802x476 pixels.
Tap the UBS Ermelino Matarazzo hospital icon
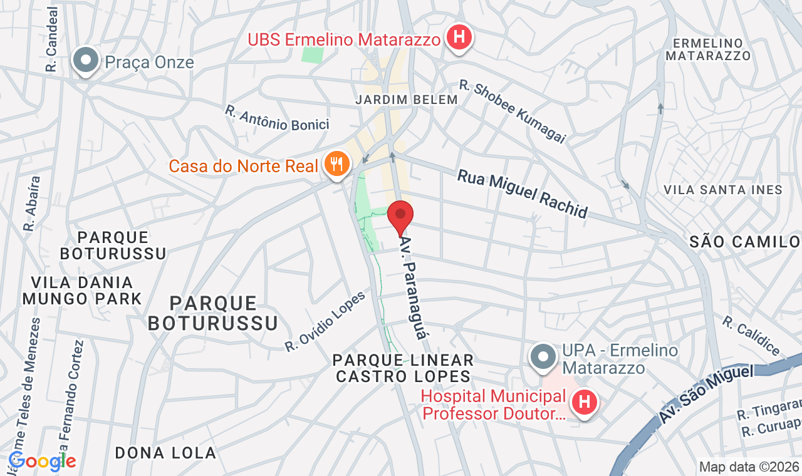point(459,38)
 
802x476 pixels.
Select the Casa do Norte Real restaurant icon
point(337,164)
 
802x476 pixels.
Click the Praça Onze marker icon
point(86,61)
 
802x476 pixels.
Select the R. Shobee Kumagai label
point(512,111)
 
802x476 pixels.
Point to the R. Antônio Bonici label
point(277,118)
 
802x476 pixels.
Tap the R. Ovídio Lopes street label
point(325,321)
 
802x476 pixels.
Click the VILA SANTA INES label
point(722,189)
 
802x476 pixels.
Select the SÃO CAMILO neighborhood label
point(745,242)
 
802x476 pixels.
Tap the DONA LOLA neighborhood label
point(165,453)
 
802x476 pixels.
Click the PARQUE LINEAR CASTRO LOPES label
point(403,368)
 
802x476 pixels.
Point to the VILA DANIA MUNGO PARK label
point(82,291)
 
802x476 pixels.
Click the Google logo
point(42,462)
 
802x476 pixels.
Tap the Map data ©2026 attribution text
point(749,467)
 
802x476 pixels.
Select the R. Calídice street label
point(751,336)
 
